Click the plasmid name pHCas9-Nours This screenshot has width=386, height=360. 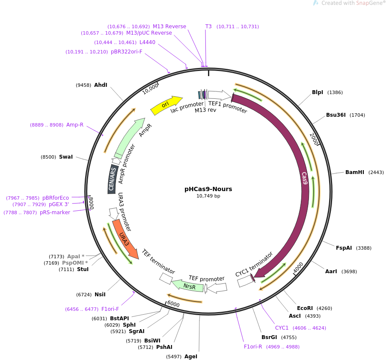click(x=208, y=189)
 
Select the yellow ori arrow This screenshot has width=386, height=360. click(x=166, y=105)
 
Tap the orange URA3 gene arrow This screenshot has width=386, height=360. click(x=125, y=239)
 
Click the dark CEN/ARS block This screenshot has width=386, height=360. click(x=113, y=179)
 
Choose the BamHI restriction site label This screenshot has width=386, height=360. click(x=354, y=172)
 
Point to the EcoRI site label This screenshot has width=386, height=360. click(x=305, y=308)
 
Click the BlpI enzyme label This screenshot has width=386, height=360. click(x=318, y=92)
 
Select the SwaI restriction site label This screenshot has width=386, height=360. click(x=66, y=157)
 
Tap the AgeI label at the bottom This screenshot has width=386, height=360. click(x=190, y=356)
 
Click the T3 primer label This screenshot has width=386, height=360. click(x=208, y=27)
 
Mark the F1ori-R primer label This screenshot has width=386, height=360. click(x=253, y=347)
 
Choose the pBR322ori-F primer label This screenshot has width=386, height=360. click(x=126, y=52)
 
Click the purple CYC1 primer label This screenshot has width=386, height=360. click(x=282, y=328)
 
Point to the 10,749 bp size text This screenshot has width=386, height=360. click(x=208, y=196)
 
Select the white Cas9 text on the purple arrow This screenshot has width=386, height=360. click(x=304, y=178)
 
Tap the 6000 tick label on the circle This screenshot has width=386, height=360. click(x=173, y=304)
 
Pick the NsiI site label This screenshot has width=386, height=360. click(x=100, y=295)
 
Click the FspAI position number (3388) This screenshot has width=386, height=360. click(x=364, y=248)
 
